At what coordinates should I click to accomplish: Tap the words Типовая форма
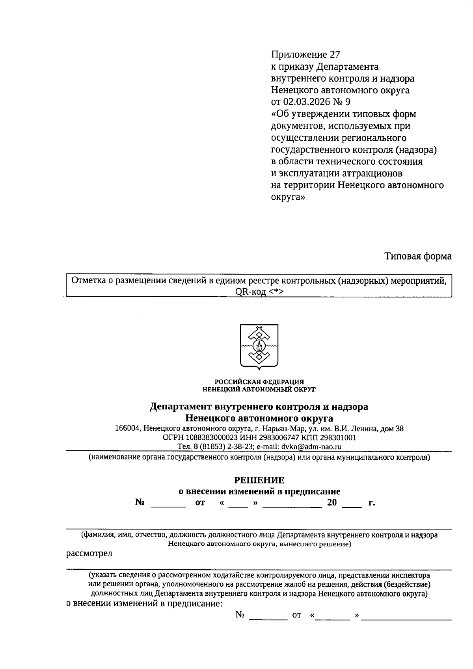pos(418,256)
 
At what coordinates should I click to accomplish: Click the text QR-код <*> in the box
pos(259,292)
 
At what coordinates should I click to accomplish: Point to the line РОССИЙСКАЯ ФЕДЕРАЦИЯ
pos(259,382)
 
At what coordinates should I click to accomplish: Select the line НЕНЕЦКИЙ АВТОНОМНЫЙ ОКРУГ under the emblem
pos(259,389)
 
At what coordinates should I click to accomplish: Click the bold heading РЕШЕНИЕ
pos(259,480)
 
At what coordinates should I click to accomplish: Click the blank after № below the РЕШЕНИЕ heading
pos(168,504)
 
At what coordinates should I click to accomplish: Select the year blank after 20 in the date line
pos(352,504)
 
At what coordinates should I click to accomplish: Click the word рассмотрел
pos(89,554)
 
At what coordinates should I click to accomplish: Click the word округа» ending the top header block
pos(288,197)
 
